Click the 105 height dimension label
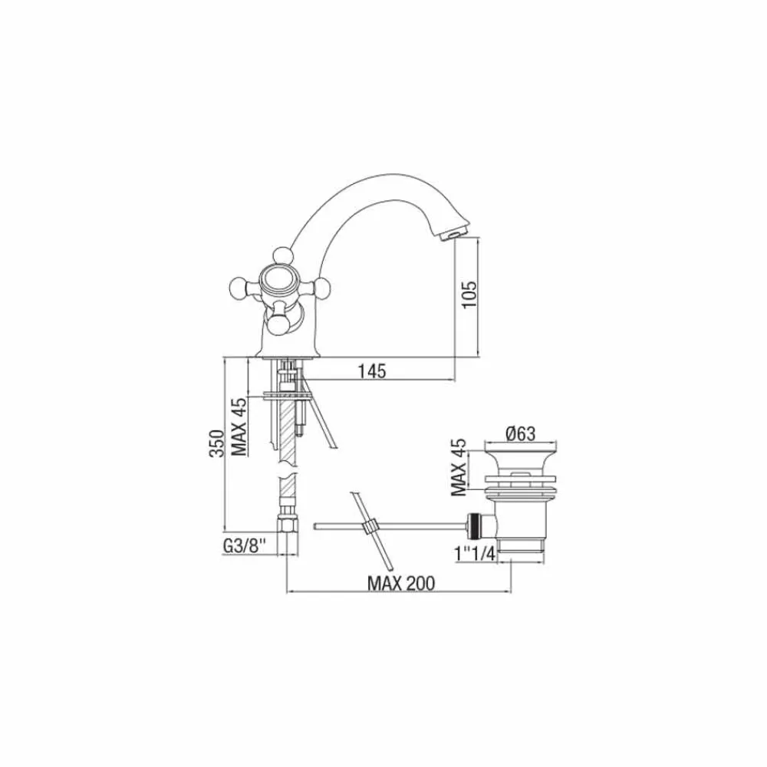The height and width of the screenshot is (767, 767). pos(469,294)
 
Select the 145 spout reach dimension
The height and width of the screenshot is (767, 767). pos(372,371)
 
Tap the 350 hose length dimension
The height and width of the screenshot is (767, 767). pos(217,443)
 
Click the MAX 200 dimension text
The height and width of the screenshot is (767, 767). pos(401,583)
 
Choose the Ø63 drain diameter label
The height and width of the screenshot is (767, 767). pos(521,433)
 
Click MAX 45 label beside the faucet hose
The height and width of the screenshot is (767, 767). pos(239,427)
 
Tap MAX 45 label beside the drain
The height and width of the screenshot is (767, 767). pos(459,468)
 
